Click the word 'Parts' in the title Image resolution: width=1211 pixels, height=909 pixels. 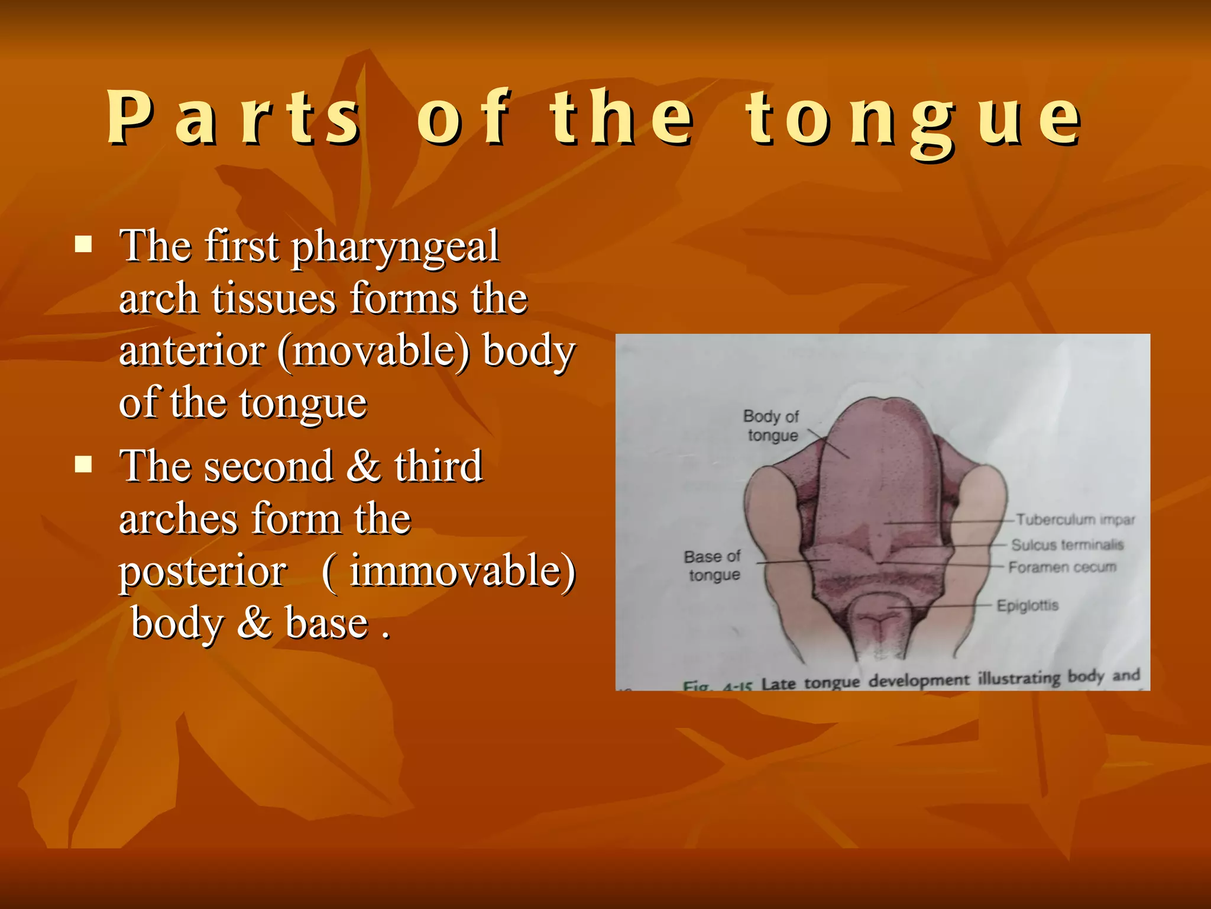(x=233, y=118)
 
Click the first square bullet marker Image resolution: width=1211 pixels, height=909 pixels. (x=84, y=244)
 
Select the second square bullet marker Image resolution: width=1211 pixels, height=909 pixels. (x=84, y=465)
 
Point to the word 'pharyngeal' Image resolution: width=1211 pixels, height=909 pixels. (x=396, y=247)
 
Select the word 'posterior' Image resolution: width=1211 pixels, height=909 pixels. (x=203, y=572)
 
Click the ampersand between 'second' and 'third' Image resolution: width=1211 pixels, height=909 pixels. (x=363, y=466)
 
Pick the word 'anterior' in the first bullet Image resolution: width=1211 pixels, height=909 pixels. (x=192, y=352)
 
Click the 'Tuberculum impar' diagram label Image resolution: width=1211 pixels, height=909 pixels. (x=1075, y=520)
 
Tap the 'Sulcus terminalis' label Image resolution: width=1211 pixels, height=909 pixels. (x=1067, y=544)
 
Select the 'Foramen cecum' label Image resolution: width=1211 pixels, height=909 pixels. (x=1062, y=568)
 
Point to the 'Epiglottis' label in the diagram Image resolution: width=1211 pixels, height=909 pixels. (x=1027, y=605)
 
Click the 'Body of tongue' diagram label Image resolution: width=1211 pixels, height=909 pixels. (x=772, y=426)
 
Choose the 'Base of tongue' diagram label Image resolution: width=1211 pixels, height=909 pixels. (x=713, y=566)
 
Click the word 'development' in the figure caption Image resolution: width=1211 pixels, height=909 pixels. (x=919, y=681)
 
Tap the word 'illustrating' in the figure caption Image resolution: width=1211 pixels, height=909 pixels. (x=1020, y=678)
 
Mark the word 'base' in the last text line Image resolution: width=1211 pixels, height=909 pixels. (x=327, y=624)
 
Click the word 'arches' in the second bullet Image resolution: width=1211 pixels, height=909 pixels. (x=179, y=519)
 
